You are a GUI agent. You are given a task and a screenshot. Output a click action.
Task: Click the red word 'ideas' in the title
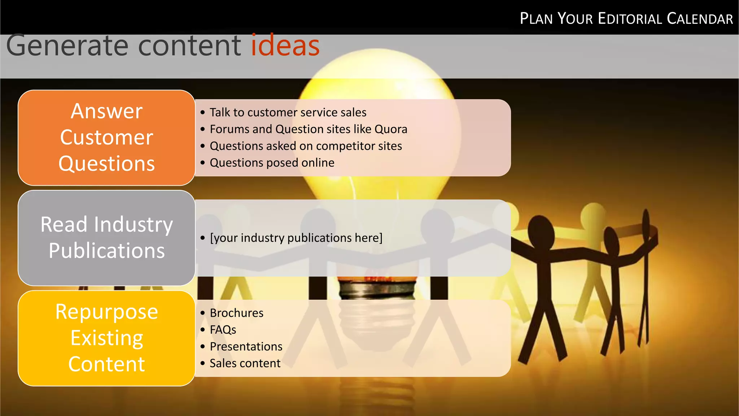pyautogui.click(x=285, y=46)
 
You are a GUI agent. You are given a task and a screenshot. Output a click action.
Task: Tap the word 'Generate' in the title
pyautogui.click(x=67, y=46)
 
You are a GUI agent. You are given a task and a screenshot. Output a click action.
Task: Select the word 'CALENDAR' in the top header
pyautogui.click(x=700, y=19)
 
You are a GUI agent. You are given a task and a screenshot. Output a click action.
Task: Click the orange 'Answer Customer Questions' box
pyautogui.click(x=106, y=138)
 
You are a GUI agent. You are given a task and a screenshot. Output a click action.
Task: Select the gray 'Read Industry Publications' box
pyautogui.click(x=106, y=238)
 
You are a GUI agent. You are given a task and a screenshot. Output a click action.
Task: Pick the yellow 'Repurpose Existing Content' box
pyautogui.click(x=106, y=338)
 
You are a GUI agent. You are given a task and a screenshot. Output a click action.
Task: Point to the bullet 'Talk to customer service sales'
pyautogui.click(x=288, y=112)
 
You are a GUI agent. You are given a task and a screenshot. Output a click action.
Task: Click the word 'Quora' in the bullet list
pyautogui.click(x=391, y=129)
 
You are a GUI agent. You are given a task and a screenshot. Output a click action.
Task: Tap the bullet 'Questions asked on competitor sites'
pyautogui.click(x=306, y=146)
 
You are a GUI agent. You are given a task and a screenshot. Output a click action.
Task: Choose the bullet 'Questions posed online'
pyautogui.click(x=272, y=163)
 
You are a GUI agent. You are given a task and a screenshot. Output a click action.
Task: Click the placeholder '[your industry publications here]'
pyautogui.click(x=296, y=238)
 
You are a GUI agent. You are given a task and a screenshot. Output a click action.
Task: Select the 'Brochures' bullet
pyautogui.click(x=236, y=313)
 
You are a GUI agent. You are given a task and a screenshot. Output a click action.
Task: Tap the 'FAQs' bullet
pyautogui.click(x=223, y=330)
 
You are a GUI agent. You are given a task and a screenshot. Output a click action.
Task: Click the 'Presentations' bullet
pyautogui.click(x=246, y=347)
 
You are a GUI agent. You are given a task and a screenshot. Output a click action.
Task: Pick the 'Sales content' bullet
pyautogui.click(x=245, y=363)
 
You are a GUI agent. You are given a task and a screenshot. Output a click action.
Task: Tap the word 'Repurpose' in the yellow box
pyautogui.click(x=106, y=312)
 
